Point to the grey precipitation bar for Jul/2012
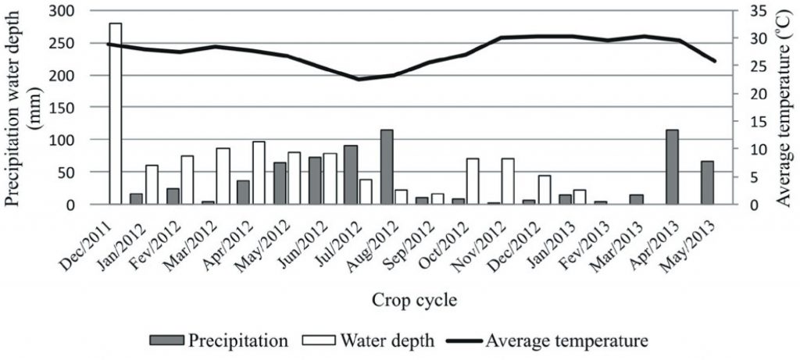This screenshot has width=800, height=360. click(351, 175)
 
